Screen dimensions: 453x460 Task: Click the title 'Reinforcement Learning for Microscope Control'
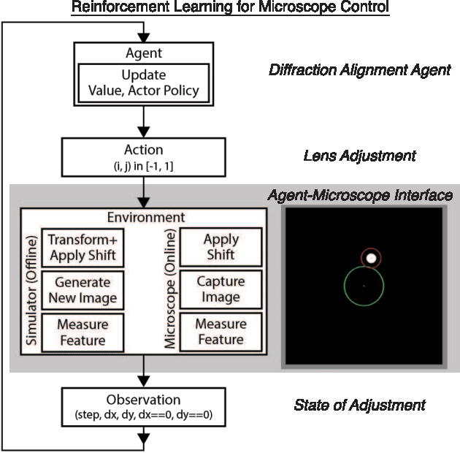coord(230,8)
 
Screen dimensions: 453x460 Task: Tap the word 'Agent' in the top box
coord(144,53)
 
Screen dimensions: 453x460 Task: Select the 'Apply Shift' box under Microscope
coord(221,248)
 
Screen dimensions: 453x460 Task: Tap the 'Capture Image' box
coord(221,290)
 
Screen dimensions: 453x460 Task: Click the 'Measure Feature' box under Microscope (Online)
coord(221,332)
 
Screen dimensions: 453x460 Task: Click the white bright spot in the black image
coord(372,258)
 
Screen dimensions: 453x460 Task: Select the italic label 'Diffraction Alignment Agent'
coord(359,70)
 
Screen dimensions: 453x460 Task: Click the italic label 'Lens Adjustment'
coord(359,156)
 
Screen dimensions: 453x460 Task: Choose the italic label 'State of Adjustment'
coord(359,405)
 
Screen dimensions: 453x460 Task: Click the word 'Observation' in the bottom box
coord(144,400)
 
